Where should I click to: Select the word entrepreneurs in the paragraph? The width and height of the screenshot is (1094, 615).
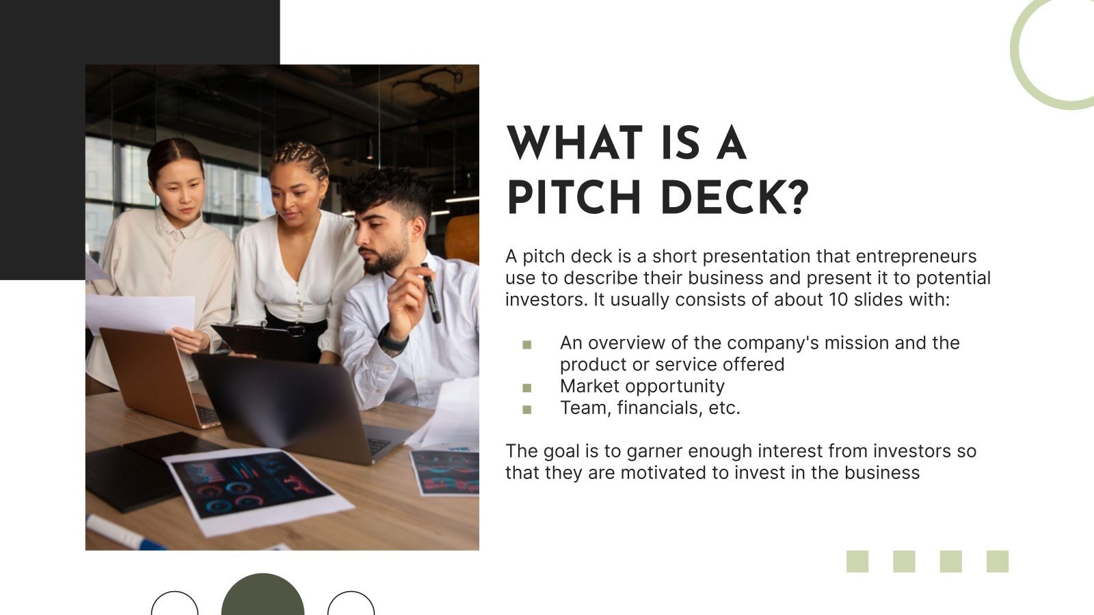[916, 256]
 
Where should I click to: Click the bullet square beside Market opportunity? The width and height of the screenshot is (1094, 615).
[526, 388]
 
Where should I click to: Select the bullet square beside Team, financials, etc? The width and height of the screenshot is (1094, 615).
[526, 410]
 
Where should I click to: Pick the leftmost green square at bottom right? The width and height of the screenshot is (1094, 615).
[857, 561]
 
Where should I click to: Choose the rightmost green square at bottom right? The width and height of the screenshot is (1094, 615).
[997, 561]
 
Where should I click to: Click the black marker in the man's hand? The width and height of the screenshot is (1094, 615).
[431, 294]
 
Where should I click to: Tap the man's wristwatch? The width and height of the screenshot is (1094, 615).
[392, 340]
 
